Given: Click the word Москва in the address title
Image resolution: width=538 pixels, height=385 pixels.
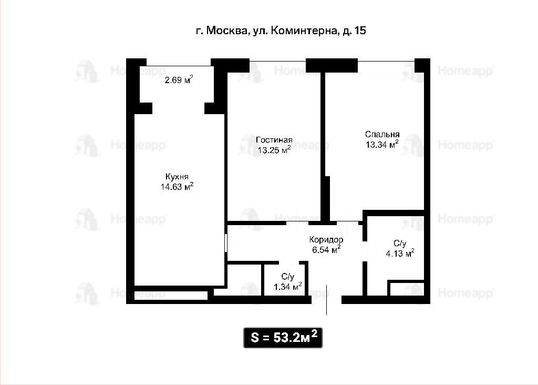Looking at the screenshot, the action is [227, 31].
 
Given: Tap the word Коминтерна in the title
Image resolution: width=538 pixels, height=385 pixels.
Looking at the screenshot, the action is [304, 31].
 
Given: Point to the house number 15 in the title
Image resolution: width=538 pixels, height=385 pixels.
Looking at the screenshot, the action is [360, 31].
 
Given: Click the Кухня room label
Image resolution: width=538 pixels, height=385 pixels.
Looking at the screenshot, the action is [177, 177].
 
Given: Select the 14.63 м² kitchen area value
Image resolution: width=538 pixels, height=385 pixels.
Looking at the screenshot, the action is [177, 187].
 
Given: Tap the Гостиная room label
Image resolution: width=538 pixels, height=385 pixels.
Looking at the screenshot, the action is [274, 140].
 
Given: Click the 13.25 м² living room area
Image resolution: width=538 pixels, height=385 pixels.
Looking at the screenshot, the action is [274, 150].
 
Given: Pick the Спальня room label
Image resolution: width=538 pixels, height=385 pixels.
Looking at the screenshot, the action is [382, 134].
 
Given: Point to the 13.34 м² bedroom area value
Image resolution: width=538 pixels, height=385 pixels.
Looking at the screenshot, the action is [382, 144].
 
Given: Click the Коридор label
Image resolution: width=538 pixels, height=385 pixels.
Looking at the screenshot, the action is [326, 240].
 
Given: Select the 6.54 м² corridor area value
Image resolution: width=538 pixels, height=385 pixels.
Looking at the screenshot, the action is [326, 249].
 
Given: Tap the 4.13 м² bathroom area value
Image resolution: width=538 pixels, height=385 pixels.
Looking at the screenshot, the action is [400, 254].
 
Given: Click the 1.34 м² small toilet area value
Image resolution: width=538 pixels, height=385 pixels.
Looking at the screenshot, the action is [288, 286].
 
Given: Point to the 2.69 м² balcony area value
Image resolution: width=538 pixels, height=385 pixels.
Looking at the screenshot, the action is [179, 80].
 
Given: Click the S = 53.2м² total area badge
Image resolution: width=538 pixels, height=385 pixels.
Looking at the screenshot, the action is [283, 338].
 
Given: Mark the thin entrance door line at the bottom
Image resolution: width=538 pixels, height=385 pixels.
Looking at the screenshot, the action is [326, 299].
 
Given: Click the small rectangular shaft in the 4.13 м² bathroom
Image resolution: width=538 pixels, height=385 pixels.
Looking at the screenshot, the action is [406, 288].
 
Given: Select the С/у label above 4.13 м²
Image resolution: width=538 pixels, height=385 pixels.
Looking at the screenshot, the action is [400, 244].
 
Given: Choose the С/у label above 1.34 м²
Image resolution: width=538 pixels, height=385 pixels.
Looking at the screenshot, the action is [287, 277].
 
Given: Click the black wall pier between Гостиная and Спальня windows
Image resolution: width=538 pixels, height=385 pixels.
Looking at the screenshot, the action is [332, 66].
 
